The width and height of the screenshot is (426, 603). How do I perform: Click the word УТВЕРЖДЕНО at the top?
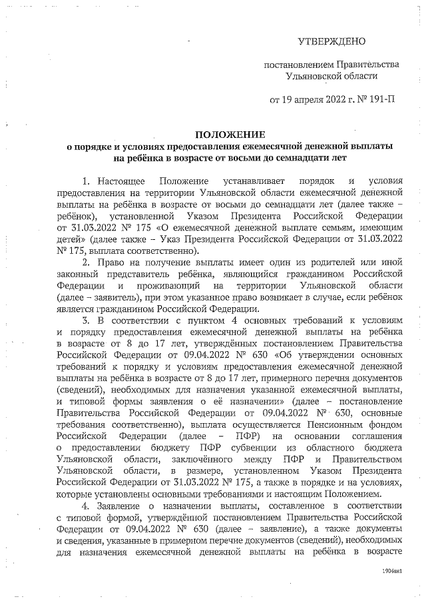pyautogui.click(x=331, y=41)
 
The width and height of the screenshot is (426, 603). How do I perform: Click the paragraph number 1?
pyautogui.click(x=86, y=182)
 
